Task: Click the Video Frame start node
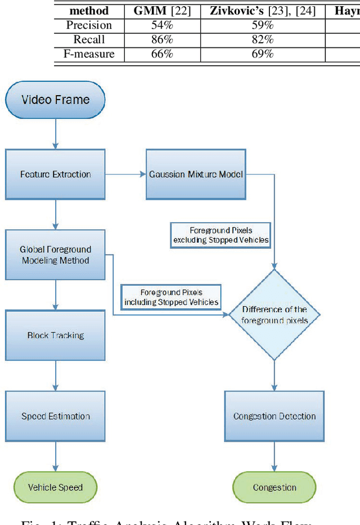pyautogui.click(x=55, y=100)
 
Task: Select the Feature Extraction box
pyautogui.click(x=55, y=174)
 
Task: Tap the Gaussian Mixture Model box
pyautogui.click(x=196, y=174)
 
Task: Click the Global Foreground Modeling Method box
pyautogui.click(x=55, y=255)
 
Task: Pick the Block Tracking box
pyautogui.click(x=55, y=335)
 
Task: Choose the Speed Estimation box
pyautogui.click(x=55, y=416)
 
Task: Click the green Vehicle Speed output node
pyautogui.click(x=55, y=487)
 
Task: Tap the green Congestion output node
pyautogui.click(x=274, y=487)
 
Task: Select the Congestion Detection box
pyautogui.click(x=274, y=416)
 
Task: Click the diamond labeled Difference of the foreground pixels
pyautogui.click(x=274, y=315)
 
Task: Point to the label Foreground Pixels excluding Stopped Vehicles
pyautogui.click(x=220, y=235)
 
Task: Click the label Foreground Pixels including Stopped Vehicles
pyautogui.click(x=172, y=297)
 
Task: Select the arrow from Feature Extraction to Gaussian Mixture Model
pyautogui.click(x=125, y=174)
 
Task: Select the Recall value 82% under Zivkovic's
pyautogui.click(x=262, y=39)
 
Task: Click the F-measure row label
pyautogui.click(x=89, y=54)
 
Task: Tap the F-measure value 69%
pyautogui.click(x=262, y=54)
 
